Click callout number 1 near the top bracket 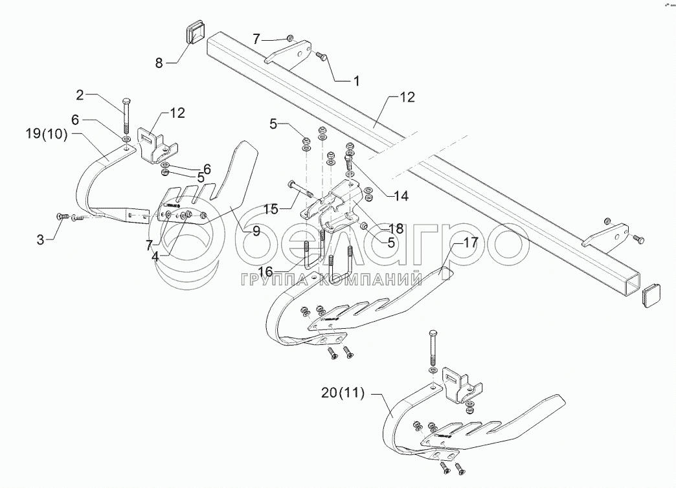355,81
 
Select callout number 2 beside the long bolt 80,95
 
